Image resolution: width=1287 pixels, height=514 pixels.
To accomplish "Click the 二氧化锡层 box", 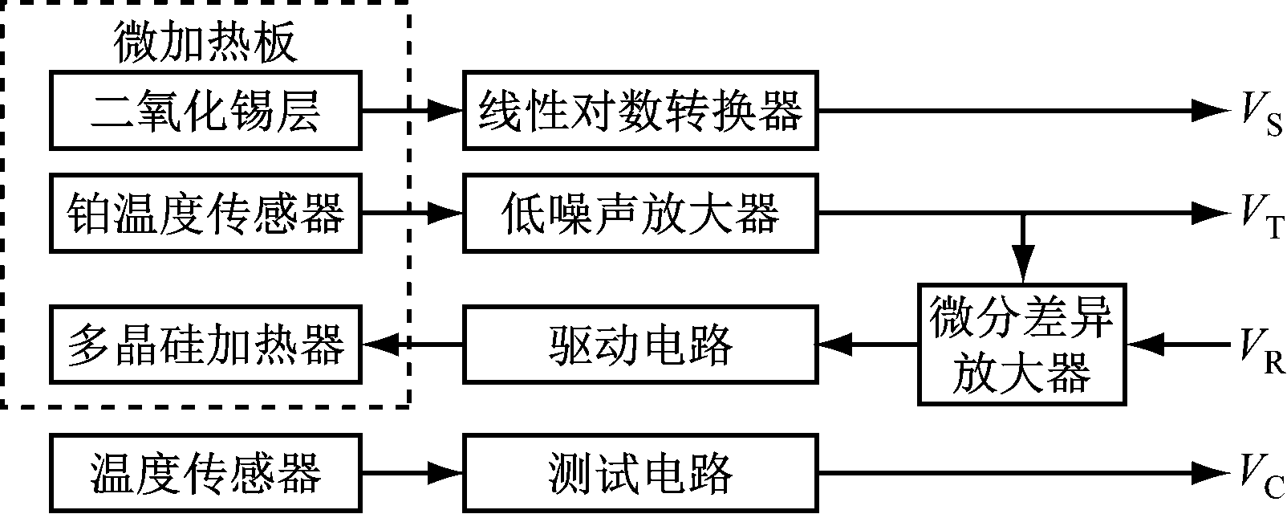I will tap(205, 111).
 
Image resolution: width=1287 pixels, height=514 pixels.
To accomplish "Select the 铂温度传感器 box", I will tap(205, 214).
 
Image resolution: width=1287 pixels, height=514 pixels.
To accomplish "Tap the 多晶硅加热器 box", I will tap(205, 345).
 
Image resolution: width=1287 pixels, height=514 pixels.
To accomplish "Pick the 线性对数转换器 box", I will tap(640, 111).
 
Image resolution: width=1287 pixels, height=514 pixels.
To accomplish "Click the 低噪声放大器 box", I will tap(640, 214).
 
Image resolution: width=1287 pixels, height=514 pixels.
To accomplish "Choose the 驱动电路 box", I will tap(640, 345).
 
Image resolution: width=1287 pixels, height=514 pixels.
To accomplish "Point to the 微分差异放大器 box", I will tap(1021, 345).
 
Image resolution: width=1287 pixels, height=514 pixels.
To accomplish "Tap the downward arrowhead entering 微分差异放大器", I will tap(1021, 269).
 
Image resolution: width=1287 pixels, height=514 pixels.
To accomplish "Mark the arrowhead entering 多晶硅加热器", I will tap(377, 345).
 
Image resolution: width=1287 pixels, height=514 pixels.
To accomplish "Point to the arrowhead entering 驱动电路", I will tap(834, 345).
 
